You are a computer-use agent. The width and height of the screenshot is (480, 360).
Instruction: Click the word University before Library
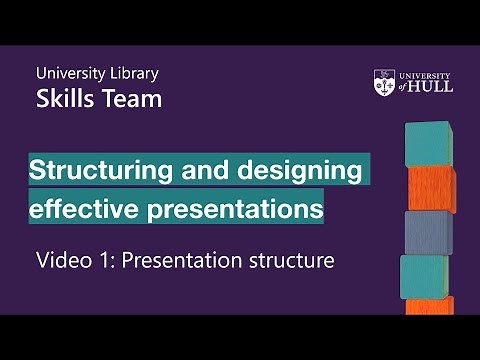pyautogui.click(x=69, y=73)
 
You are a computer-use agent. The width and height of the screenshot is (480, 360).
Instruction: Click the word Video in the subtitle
pyautogui.click(x=62, y=261)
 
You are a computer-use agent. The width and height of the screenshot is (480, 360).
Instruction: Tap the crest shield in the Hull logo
pyautogui.click(x=384, y=81)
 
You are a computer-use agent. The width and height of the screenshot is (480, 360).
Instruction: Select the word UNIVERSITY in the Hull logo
pyautogui.click(x=425, y=75)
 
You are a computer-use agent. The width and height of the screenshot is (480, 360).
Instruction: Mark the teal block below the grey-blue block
pyautogui.click(x=425, y=276)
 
